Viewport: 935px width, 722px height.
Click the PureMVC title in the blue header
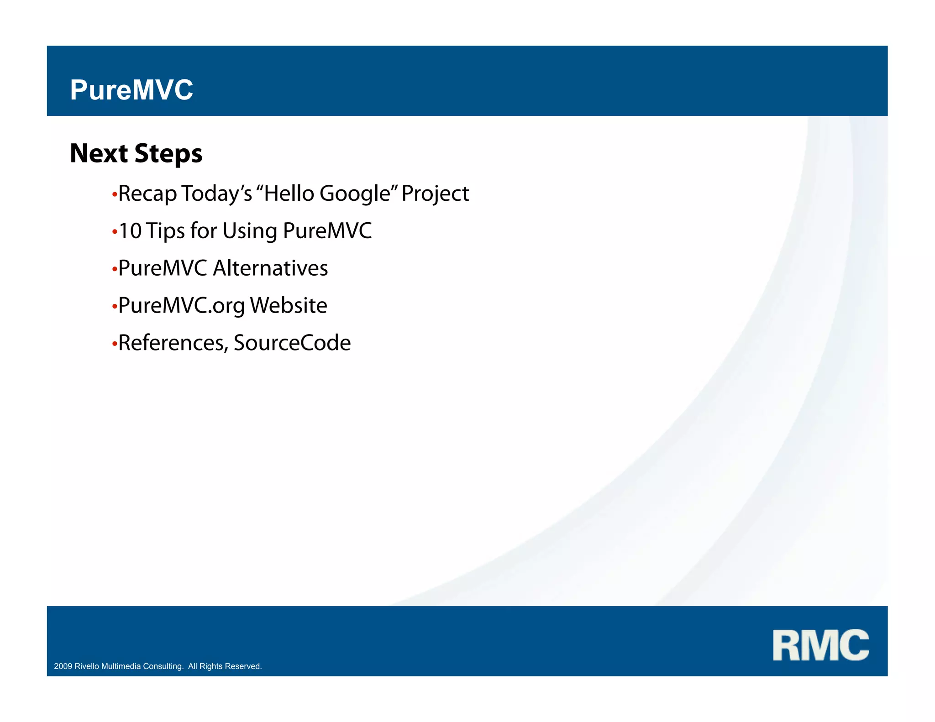coord(131,90)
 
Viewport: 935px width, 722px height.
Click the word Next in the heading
coord(99,153)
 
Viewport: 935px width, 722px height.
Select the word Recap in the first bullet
coord(147,194)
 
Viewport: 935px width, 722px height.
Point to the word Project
coord(435,194)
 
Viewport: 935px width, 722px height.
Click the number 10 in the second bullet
coord(130,231)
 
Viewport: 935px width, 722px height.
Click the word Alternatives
coord(270,268)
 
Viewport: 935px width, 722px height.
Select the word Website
coord(289,306)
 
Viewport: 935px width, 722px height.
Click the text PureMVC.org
coord(181,306)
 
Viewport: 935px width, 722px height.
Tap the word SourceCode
coord(292,343)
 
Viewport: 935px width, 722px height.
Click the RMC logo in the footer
coord(820,645)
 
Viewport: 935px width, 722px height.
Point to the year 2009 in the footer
coord(63,666)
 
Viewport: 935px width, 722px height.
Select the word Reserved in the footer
coord(246,666)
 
